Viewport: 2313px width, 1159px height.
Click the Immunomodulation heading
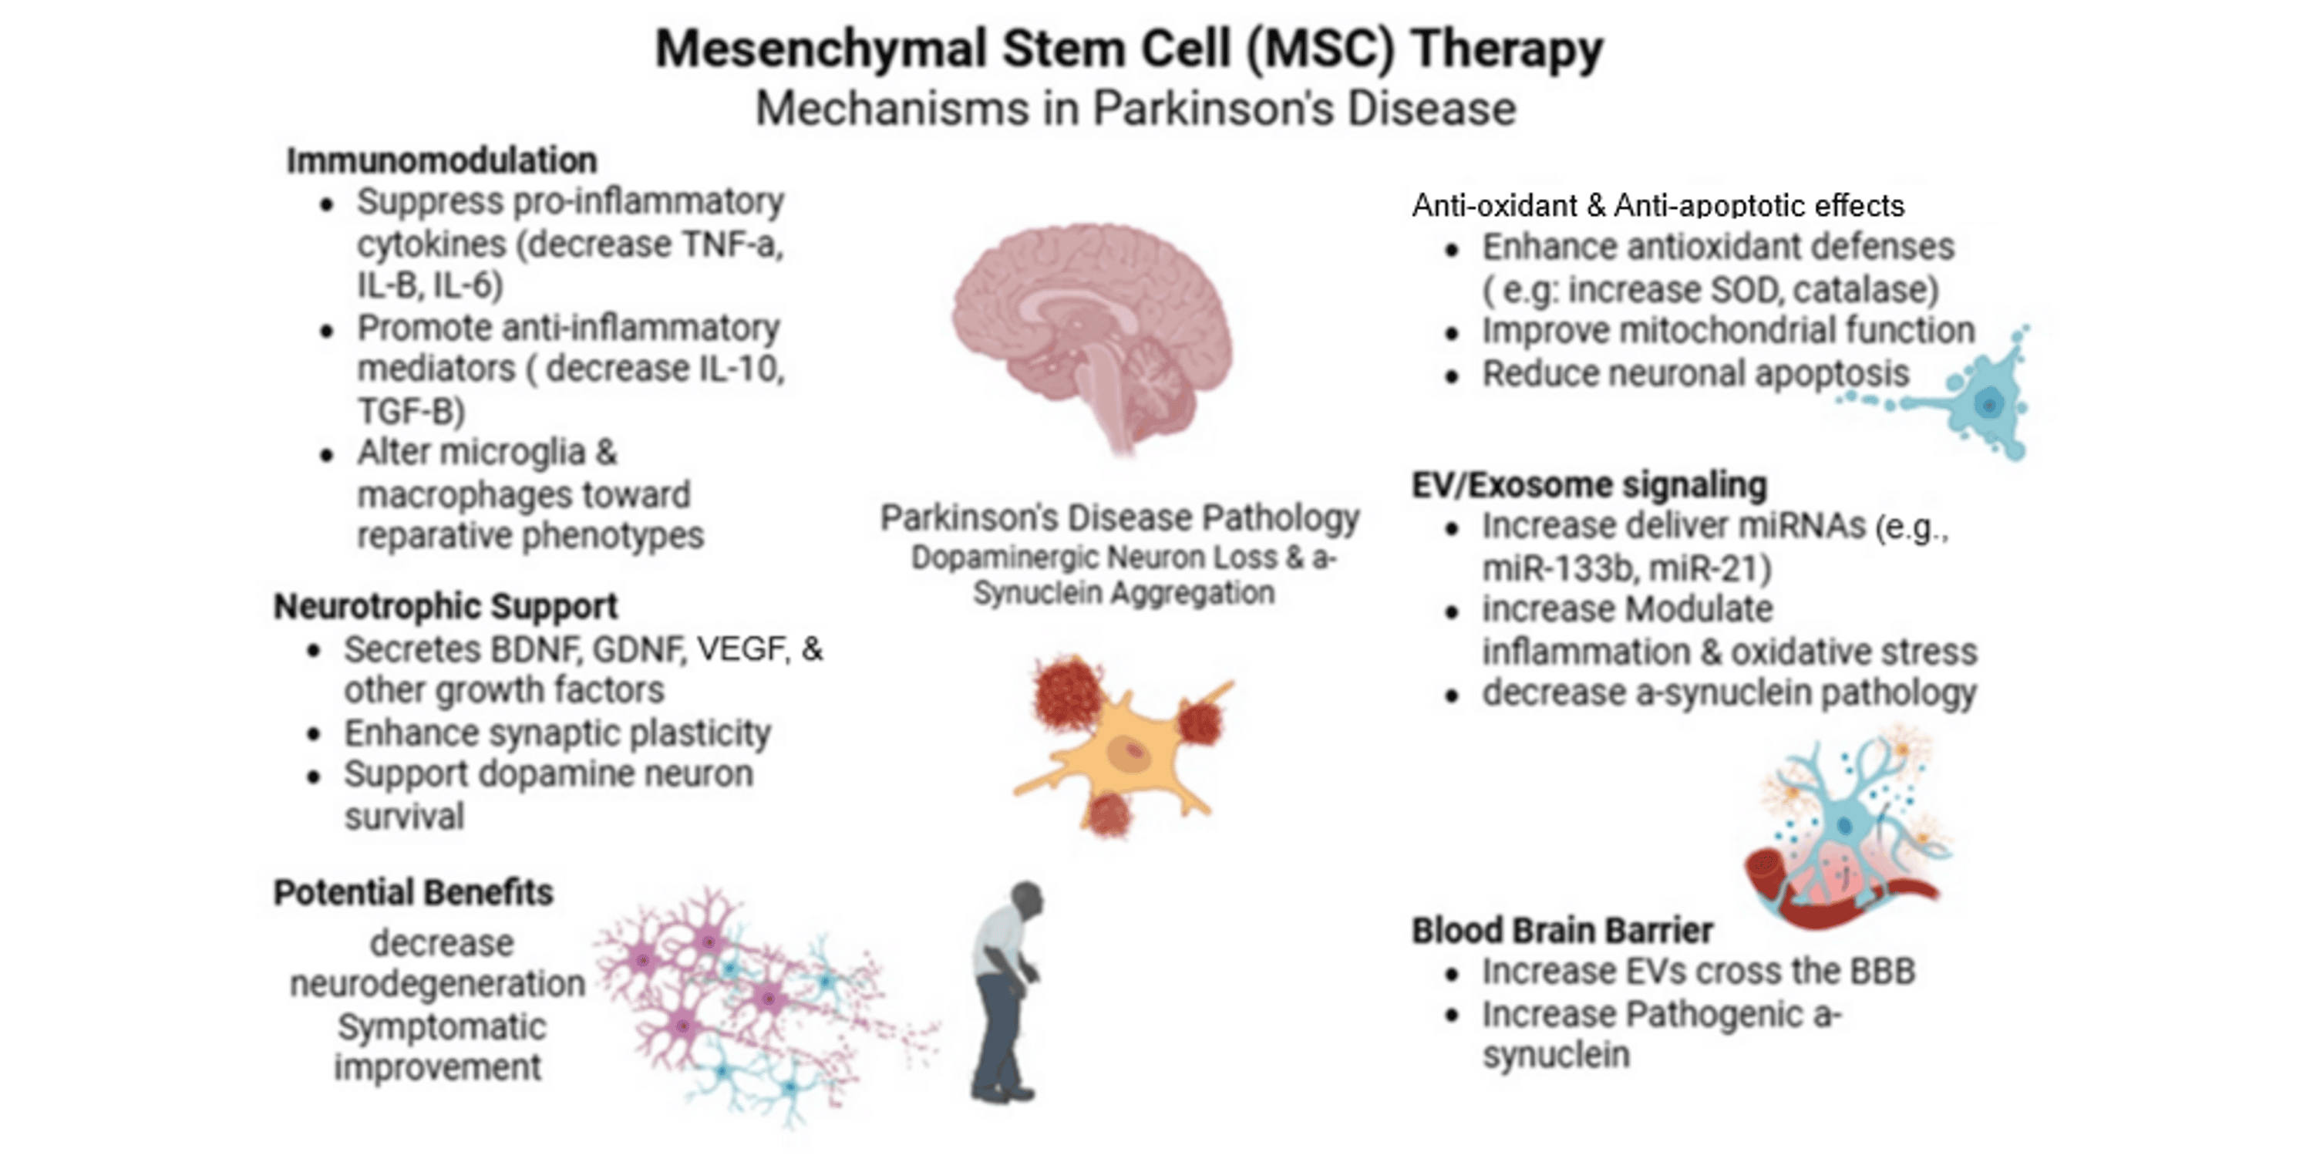coord(441,160)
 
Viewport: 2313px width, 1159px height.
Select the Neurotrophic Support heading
coord(446,606)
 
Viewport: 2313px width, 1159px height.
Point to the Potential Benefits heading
coord(413,892)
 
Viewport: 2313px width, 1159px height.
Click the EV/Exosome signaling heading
coord(1588,485)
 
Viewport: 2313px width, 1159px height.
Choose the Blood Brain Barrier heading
coord(1561,930)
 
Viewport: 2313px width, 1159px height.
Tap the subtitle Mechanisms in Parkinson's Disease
coord(1135,109)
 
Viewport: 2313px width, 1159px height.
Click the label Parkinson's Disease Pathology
coord(1119,518)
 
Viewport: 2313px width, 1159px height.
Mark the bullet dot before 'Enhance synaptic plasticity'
coord(313,734)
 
